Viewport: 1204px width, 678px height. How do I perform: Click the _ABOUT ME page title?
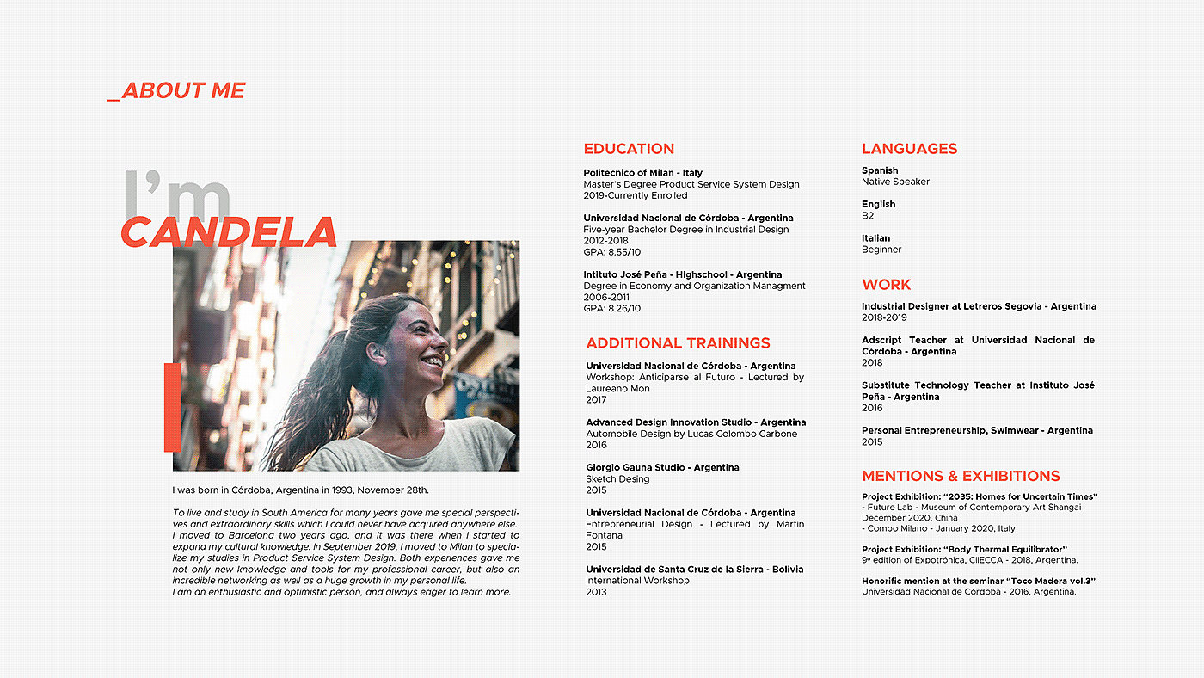click(x=176, y=90)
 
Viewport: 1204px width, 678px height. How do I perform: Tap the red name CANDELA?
click(x=228, y=232)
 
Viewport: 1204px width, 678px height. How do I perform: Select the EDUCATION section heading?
click(x=629, y=149)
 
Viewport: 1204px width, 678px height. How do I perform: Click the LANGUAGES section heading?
click(x=909, y=149)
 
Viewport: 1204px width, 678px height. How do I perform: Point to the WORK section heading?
click(x=886, y=285)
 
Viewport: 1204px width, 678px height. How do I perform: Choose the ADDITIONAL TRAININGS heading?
click(x=678, y=343)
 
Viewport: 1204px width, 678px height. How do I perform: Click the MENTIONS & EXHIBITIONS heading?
click(x=961, y=476)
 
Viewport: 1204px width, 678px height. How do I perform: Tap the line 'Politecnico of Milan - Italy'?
click(x=642, y=173)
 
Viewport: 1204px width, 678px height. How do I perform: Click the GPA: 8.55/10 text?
click(x=611, y=252)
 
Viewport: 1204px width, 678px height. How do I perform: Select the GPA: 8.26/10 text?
click(x=611, y=308)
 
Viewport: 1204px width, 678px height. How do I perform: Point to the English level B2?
click(x=868, y=216)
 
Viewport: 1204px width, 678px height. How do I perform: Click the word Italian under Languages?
click(x=876, y=238)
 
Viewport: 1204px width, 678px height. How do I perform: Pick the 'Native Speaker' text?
click(x=895, y=182)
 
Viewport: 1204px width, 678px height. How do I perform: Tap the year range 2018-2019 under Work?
click(x=884, y=317)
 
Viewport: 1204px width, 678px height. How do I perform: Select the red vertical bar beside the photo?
click(x=172, y=406)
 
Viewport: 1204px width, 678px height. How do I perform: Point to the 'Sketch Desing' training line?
click(x=617, y=479)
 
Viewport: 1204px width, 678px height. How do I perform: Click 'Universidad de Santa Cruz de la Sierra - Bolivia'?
click(x=694, y=570)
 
